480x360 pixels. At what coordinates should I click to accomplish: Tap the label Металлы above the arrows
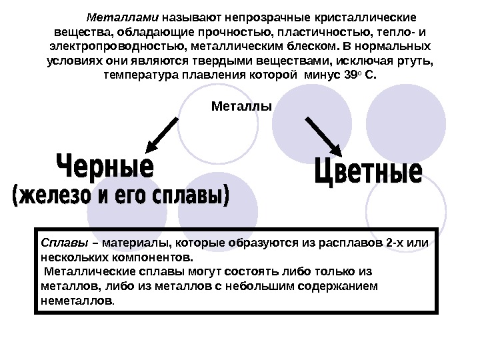point(241,105)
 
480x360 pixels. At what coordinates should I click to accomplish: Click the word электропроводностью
point(115,46)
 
